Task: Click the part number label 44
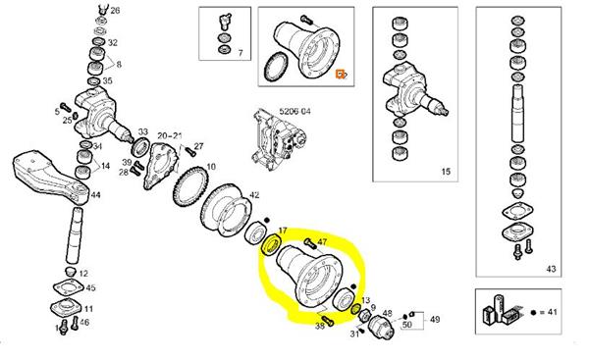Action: pos(96,195)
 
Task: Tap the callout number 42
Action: pos(254,195)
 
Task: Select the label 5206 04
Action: pos(294,112)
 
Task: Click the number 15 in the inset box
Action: pos(446,172)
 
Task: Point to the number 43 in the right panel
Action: pos(551,269)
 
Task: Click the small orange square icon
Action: pos(340,74)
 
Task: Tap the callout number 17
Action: pos(283,231)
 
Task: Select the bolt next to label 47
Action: pos(309,242)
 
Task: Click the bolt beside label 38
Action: pos(328,322)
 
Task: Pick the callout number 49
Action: pos(435,320)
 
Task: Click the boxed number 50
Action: pos(406,324)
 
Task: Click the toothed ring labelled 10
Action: pos(190,185)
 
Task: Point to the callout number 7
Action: pos(241,53)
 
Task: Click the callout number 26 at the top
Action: pos(115,10)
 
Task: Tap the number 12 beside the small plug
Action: pos(83,274)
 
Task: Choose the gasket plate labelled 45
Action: pos(69,288)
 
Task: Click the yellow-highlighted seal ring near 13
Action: pos(354,310)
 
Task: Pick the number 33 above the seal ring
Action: pos(142,131)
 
